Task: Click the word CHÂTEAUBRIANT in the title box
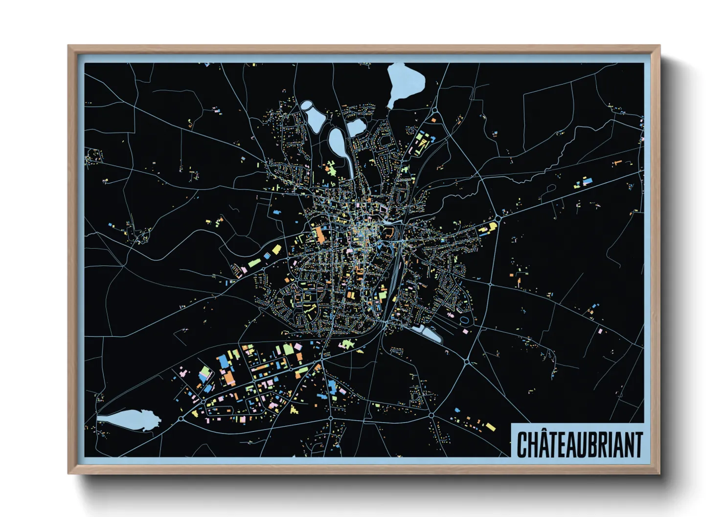[580, 444]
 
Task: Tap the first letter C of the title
[521, 444]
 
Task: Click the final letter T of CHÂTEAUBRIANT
[637, 444]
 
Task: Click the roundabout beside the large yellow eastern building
[498, 219]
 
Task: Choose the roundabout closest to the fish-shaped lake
[181, 419]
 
